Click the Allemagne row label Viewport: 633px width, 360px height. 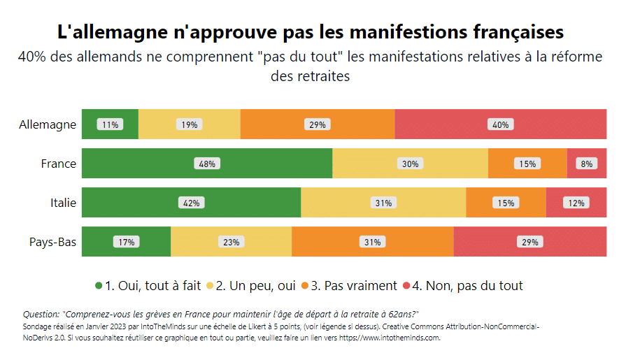coord(48,124)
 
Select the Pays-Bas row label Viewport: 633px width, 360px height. coord(52,242)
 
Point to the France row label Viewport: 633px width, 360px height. coord(58,164)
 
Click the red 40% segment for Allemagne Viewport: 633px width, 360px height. coord(500,124)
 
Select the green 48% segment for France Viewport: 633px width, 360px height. coord(207,164)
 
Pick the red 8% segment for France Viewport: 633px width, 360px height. coord(586,164)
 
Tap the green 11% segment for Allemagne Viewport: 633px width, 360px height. coord(110,124)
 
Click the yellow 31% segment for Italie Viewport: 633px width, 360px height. coord(383,203)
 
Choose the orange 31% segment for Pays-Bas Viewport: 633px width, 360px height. coord(372,242)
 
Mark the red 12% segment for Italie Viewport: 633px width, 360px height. coord(576,203)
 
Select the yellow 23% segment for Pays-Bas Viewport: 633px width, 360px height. coord(231,242)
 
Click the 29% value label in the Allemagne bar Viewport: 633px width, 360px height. coord(317,125)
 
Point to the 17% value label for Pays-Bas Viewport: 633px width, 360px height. coord(126,243)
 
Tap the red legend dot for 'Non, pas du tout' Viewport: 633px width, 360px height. coord(406,285)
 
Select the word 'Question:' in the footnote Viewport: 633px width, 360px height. coord(41,315)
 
